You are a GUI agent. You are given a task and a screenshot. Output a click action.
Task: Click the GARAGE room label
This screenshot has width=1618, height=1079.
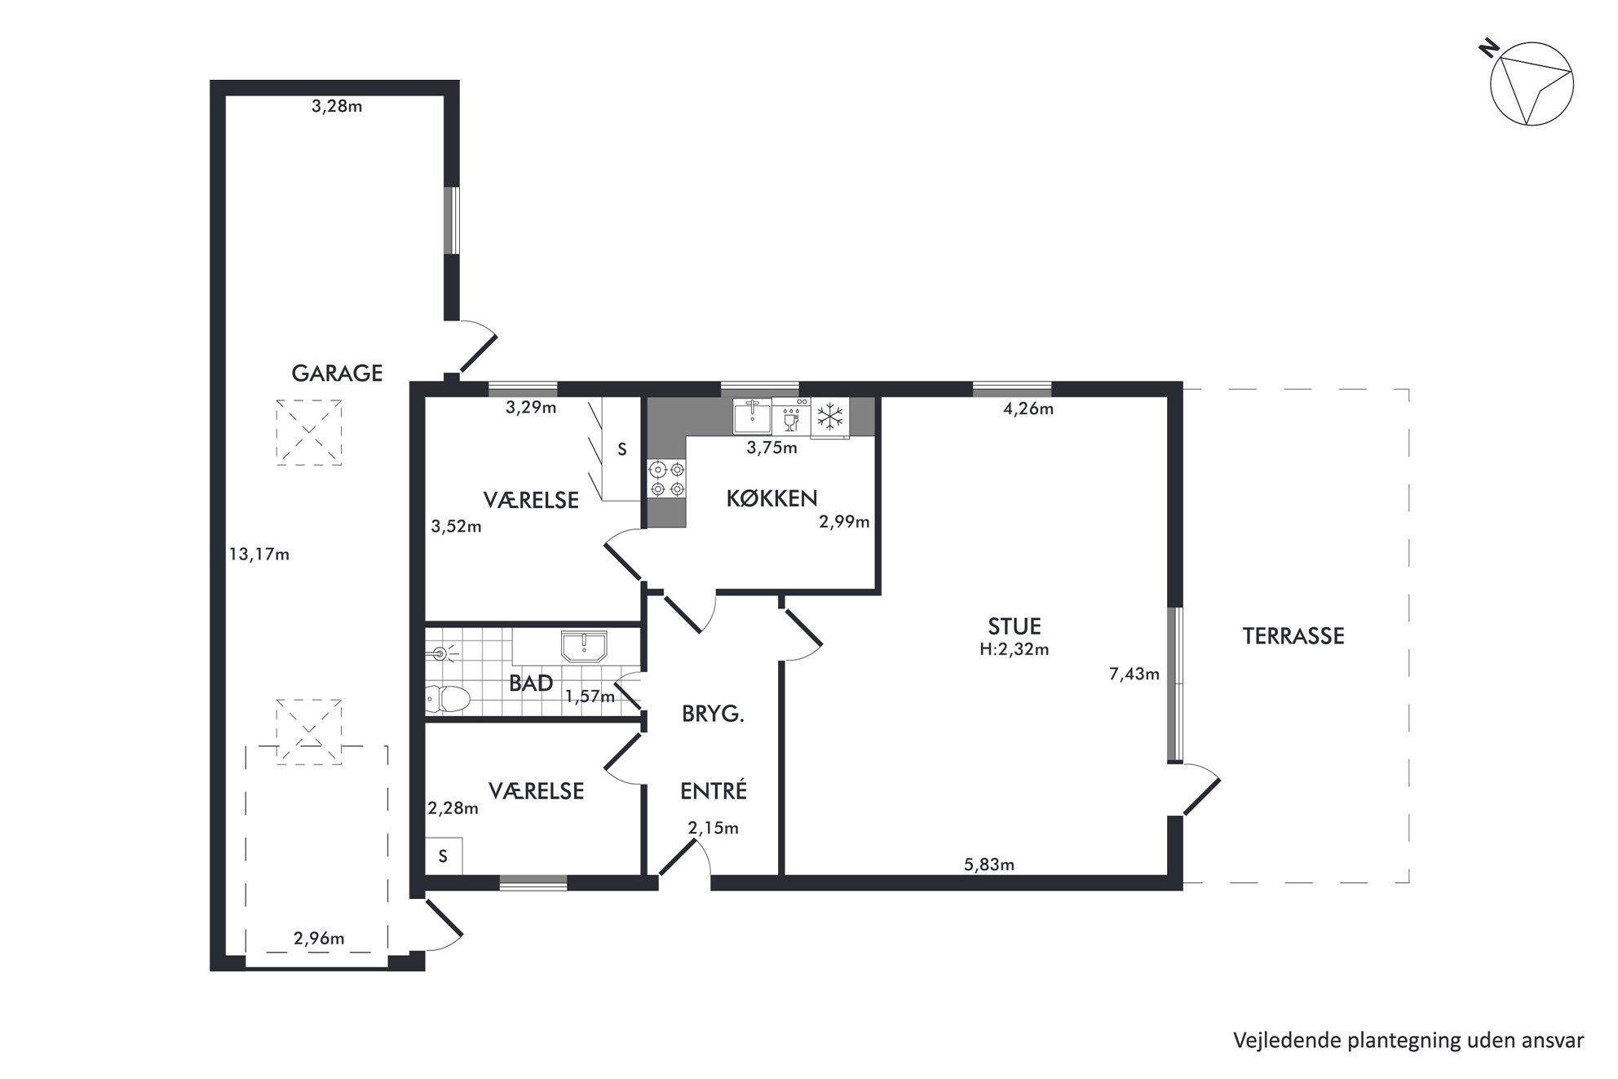(x=337, y=373)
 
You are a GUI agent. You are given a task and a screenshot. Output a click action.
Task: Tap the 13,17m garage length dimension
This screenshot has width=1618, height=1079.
(x=259, y=555)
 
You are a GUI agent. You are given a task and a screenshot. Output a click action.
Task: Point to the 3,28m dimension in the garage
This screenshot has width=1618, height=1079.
(x=337, y=106)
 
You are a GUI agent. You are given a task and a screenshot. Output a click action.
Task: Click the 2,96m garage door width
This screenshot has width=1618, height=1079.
(x=319, y=938)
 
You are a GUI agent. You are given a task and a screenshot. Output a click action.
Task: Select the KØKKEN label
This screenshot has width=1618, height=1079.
(x=771, y=497)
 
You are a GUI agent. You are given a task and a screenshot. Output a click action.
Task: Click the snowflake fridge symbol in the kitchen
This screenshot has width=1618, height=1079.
(x=829, y=417)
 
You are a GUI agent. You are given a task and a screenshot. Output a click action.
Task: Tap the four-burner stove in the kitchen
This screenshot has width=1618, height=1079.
(x=666, y=479)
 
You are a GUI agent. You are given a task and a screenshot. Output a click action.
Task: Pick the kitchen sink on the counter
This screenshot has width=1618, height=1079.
(x=752, y=416)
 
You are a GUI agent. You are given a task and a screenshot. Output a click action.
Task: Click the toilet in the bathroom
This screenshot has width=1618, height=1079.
(x=448, y=698)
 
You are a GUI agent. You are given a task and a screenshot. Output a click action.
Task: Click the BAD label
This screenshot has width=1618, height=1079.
(x=531, y=683)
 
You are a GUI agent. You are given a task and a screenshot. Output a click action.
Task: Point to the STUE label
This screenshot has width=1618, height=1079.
(x=1015, y=626)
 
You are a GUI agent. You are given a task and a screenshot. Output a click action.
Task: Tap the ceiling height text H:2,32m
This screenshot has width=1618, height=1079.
(x=1015, y=649)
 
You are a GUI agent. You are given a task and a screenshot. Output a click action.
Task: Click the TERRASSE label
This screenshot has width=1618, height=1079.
(x=1293, y=636)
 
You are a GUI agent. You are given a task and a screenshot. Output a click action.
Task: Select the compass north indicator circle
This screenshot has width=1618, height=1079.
(x=1532, y=85)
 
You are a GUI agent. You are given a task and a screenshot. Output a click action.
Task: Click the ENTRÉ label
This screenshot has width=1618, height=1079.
(x=714, y=790)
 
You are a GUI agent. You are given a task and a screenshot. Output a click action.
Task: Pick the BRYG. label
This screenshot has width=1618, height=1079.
(x=714, y=714)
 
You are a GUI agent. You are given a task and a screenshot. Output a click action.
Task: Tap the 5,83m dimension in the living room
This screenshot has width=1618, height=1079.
(x=989, y=865)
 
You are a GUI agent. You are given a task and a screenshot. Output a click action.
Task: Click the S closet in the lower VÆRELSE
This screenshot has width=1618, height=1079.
(x=444, y=856)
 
